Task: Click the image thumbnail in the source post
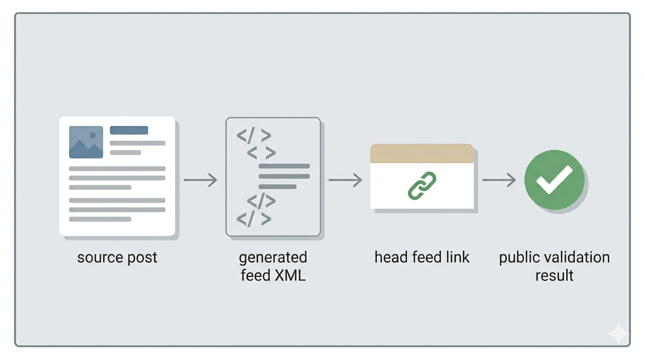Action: coord(86,142)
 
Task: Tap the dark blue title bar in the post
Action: coord(129,130)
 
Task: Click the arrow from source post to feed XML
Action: coord(200,180)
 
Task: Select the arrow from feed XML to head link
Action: coord(345,180)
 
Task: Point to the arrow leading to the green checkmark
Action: coord(499,180)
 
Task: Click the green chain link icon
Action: coord(422,186)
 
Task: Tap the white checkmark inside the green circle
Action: coord(554,180)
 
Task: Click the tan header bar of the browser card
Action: coord(422,154)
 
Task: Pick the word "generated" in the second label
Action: coord(273,258)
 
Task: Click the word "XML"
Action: coord(290,275)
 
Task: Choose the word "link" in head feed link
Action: coord(457,257)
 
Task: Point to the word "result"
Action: coord(554,275)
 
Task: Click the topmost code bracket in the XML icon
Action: coord(254,136)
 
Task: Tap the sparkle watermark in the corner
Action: coord(618,334)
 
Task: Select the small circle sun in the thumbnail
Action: coord(93,135)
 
